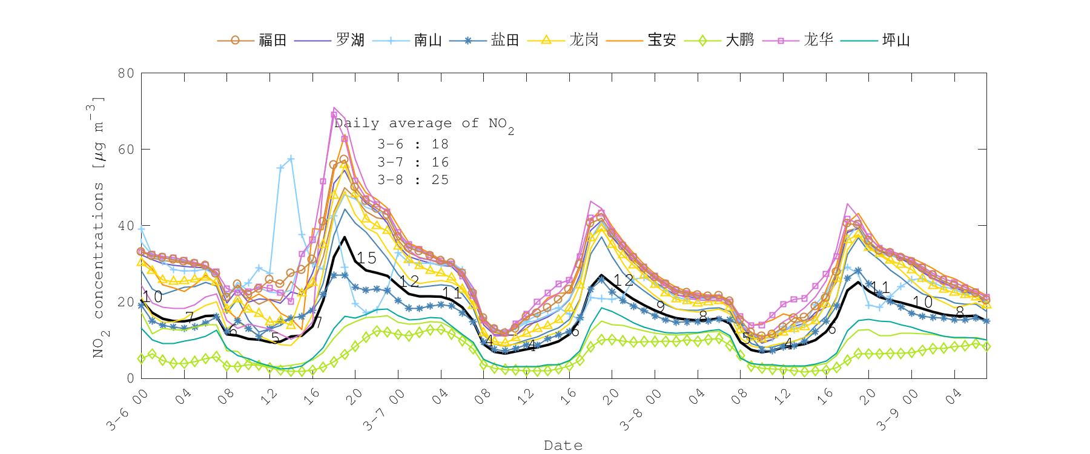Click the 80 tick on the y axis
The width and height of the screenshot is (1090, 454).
[x=126, y=73]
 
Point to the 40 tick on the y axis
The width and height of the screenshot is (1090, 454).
[x=126, y=226]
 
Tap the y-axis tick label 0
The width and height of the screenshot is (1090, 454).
[x=130, y=378]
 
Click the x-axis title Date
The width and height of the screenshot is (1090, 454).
[x=563, y=446]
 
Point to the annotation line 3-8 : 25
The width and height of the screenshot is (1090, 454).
[x=413, y=180]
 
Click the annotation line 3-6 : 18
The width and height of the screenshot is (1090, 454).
[x=413, y=144]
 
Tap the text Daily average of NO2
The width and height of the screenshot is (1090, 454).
[x=424, y=124]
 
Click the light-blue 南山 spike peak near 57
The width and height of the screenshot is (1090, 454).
[x=291, y=159]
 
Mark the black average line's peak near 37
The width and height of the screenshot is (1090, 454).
[x=345, y=237]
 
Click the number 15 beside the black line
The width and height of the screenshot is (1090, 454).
[x=366, y=258]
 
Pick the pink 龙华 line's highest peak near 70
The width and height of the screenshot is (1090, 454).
[x=334, y=108]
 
